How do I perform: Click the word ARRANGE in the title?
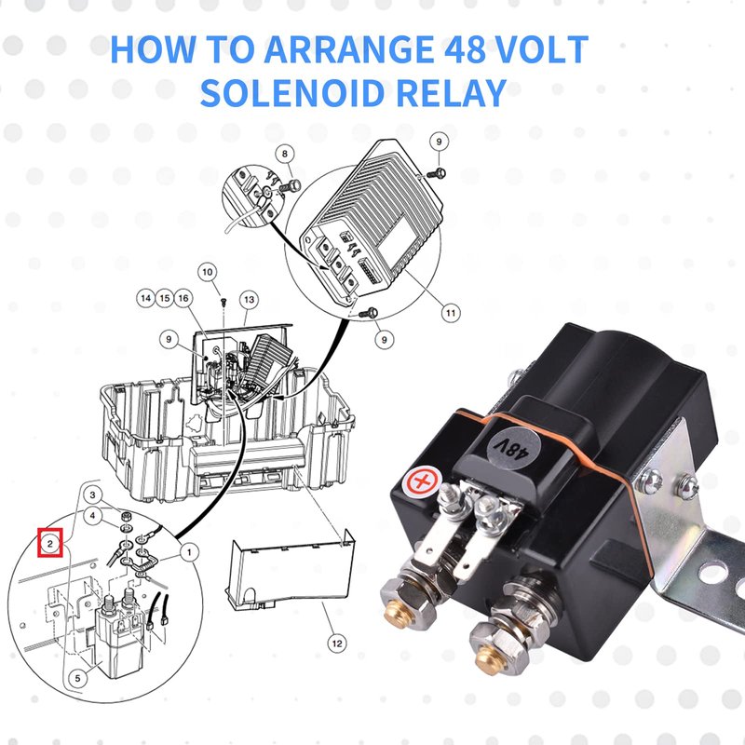coord(347,49)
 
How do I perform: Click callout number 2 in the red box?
coord(50,543)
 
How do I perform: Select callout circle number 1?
coord(190,552)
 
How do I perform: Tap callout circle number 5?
coord(78,678)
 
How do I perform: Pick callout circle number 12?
coord(337,643)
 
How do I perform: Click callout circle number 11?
coord(451,313)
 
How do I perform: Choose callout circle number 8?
coord(285,154)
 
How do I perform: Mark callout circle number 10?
coord(207,272)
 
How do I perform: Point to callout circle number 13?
coord(250,299)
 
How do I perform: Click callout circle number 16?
coord(183,298)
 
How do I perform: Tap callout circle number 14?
coord(146,298)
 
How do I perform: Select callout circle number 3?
coord(92,495)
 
